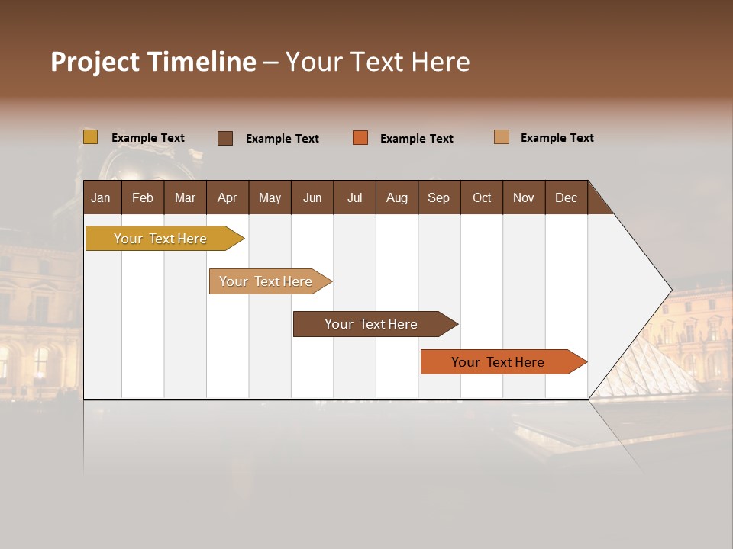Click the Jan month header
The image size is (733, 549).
click(x=101, y=197)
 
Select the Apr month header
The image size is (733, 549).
click(x=227, y=197)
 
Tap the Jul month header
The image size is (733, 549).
click(x=354, y=197)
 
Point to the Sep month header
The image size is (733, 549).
click(x=438, y=197)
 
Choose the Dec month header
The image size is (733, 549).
click(x=566, y=197)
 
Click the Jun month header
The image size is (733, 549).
click(x=312, y=197)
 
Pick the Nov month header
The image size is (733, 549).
click(x=524, y=197)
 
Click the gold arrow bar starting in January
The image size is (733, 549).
click(x=160, y=239)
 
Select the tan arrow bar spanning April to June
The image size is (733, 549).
click(x=266, y=281)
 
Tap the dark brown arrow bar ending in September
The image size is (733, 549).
click(x=371, y=324)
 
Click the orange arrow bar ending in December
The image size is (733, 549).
click(x=498, y=362)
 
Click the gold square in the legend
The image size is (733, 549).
click(x=90, y=137)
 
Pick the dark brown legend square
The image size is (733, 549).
click(x=225, y=138)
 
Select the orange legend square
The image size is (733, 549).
click(x=360, y=138)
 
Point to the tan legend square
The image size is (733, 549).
click(x=501, y=137)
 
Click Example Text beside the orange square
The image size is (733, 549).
click(x=417, y=139)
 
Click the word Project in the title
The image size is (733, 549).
click(x=95, y=62)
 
